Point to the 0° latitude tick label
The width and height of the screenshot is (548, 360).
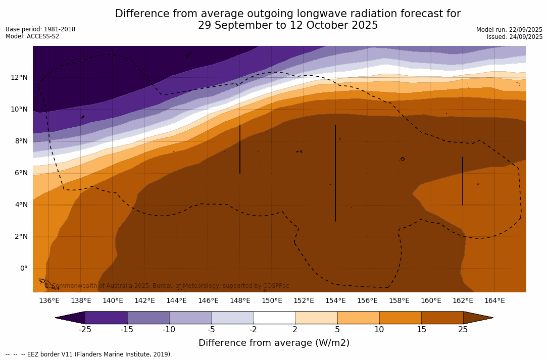click(23, 268)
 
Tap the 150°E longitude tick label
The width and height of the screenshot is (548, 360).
click(272, 301)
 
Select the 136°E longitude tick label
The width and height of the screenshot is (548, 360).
click(49, 301)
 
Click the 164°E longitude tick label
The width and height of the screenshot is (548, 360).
click(494, 301)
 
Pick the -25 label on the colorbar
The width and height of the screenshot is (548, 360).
click(85, 330)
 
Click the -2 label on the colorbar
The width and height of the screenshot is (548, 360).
click(253, 330)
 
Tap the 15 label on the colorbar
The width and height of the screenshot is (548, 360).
click(421, 330)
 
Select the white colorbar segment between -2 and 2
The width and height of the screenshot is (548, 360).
click(274, 318)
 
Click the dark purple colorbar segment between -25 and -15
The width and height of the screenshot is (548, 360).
click(106, 318)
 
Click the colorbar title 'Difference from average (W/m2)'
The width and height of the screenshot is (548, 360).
click(274, 343)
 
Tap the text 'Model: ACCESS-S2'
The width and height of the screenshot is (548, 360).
click(32, 36)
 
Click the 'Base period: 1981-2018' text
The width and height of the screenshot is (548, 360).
click(40, 29)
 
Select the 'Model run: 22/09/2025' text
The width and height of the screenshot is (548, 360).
click(509, 30)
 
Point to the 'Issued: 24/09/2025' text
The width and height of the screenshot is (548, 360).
click(515, 37)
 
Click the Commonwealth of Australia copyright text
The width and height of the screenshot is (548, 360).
click(167, 286)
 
